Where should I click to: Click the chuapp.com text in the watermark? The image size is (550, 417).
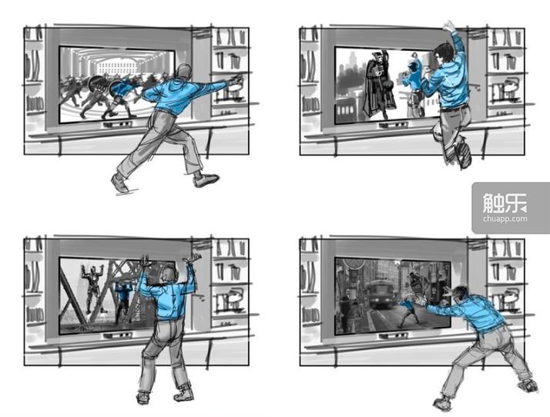click(505, 219)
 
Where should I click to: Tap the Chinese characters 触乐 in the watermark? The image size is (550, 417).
click(505, 203)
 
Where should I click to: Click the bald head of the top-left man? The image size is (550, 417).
click(184, 72)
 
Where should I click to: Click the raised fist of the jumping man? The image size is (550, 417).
click(448, 26)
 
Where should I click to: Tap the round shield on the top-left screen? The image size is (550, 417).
click(96, 83)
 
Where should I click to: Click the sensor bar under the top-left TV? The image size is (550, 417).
click(118, 124)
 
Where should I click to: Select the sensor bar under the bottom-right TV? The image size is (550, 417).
click(394, 336)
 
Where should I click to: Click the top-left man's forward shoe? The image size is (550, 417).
click(206, 180)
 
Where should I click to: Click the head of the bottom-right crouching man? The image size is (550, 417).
click(460, 294)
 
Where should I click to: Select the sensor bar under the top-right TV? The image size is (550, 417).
click(394, 125)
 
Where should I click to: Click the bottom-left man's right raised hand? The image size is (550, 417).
click(194, 257)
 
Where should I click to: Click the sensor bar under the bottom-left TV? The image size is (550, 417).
click(118, 335)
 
